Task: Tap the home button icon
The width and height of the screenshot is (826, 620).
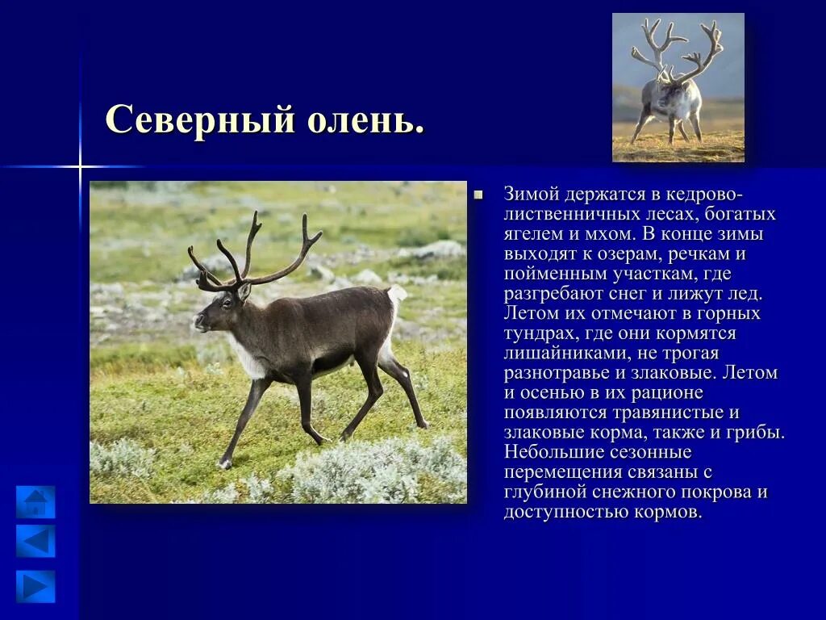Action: pos(35,502)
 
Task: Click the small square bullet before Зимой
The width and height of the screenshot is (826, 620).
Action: pos(478,195)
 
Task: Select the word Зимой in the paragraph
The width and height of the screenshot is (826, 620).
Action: pos(529,195)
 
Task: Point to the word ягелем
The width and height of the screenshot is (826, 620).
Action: pos(532,234)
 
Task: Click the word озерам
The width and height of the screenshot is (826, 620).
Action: pos(649,254)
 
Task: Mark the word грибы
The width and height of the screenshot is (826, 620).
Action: pos(757,433)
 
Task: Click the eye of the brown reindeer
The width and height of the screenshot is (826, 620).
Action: pos(226,301)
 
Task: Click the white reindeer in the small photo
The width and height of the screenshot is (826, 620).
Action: pos(674,97)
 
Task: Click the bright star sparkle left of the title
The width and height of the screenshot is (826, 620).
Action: pos(80,167)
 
